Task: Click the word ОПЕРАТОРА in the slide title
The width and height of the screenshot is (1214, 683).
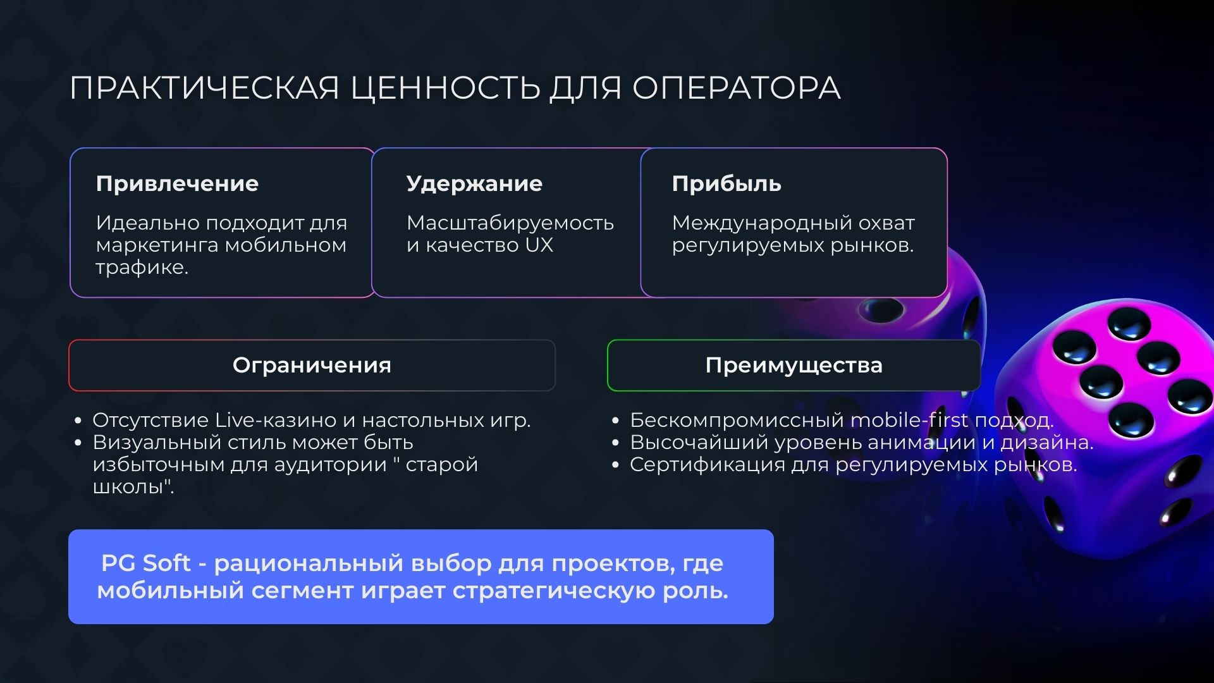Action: [736, 88]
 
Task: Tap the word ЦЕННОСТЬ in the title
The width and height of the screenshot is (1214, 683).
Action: [445, 88]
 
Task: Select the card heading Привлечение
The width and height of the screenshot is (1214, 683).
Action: [177, 184]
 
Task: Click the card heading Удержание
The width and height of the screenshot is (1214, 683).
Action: [474, 184]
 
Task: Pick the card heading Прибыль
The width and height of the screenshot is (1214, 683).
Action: [727, 184]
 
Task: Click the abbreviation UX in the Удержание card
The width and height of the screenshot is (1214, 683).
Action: [539, 245]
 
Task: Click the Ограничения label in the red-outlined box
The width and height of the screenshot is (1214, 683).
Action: [312, 366]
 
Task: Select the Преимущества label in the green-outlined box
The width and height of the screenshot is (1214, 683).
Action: [794, 366]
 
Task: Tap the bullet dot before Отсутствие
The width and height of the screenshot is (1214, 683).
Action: [78, 421]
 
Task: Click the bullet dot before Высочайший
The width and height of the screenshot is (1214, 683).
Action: [615, 443]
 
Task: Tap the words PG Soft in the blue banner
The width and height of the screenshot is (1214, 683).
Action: [145, 563]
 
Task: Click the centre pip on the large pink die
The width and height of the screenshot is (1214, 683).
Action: [1100, 381]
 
